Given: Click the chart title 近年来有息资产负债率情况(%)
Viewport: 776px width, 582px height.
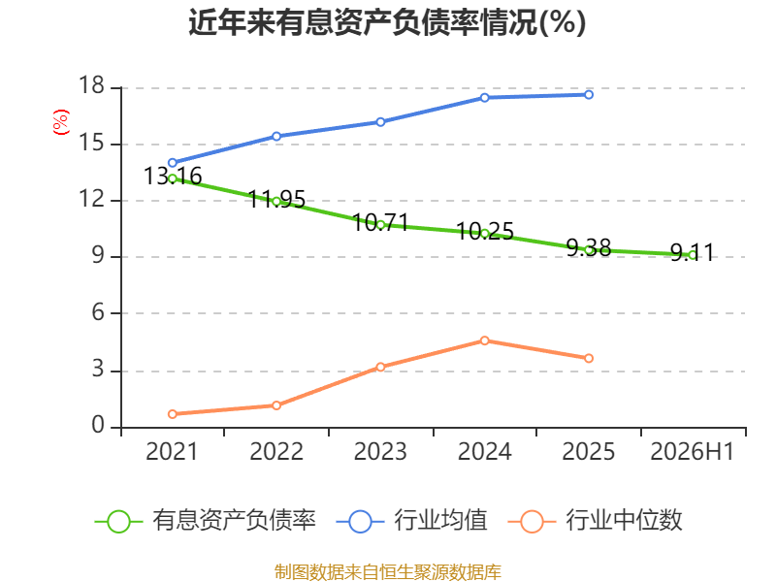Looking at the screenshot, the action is (x=387, y=22).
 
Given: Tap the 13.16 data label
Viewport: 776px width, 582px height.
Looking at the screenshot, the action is (x=173, y=177).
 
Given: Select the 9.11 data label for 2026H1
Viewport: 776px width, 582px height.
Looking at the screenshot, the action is (x=693, y=252).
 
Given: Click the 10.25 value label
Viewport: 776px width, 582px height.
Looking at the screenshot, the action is (x=485, y=231).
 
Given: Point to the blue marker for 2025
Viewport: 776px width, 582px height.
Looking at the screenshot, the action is (x=589, y=94).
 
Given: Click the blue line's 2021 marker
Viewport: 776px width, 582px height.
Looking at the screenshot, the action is (x=173, y=163).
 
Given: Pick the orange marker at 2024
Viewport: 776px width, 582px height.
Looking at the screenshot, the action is (x=484, y=340).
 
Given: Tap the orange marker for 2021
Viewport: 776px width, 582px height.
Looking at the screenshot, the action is (x=173, y=414).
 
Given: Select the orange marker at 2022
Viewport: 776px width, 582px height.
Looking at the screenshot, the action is (x=276, y=405).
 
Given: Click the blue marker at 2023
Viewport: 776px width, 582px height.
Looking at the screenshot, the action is (x=380, y=122).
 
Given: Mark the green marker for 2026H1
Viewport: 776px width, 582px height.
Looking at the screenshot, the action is (x=693, y=255).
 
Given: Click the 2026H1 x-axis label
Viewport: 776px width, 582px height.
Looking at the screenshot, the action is (x=693, y=451).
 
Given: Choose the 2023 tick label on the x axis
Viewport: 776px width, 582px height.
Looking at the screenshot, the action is (x=380, y=451).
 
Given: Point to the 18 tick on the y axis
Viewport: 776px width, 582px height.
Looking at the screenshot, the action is (x=91, y=86).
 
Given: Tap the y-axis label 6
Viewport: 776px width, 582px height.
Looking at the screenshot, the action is (x=98, y=313).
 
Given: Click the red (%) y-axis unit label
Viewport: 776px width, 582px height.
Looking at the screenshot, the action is (x=61, y=122).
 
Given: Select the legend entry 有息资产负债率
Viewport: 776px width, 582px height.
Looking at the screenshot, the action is (x=206, y=521).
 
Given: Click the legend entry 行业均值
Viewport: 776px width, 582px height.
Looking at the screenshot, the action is (x=411, y=521).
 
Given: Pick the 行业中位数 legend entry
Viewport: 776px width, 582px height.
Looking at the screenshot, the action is (x=596, y=521).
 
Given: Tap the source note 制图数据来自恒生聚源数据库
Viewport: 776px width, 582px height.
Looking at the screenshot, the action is (x=387, y=572).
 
